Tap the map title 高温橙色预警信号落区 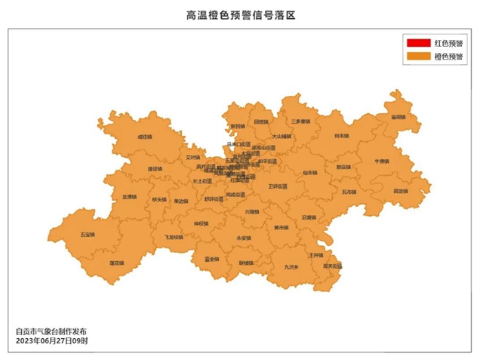241,14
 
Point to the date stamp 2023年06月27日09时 51,341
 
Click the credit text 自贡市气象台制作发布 51,331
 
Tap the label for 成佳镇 143,137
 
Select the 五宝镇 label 88,235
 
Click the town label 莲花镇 116,263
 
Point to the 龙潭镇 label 130,197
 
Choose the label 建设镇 155,168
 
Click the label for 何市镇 341,136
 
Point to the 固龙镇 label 400,191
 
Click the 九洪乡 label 291,266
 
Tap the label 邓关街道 332,266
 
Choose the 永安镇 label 243,238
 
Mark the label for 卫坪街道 278,186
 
